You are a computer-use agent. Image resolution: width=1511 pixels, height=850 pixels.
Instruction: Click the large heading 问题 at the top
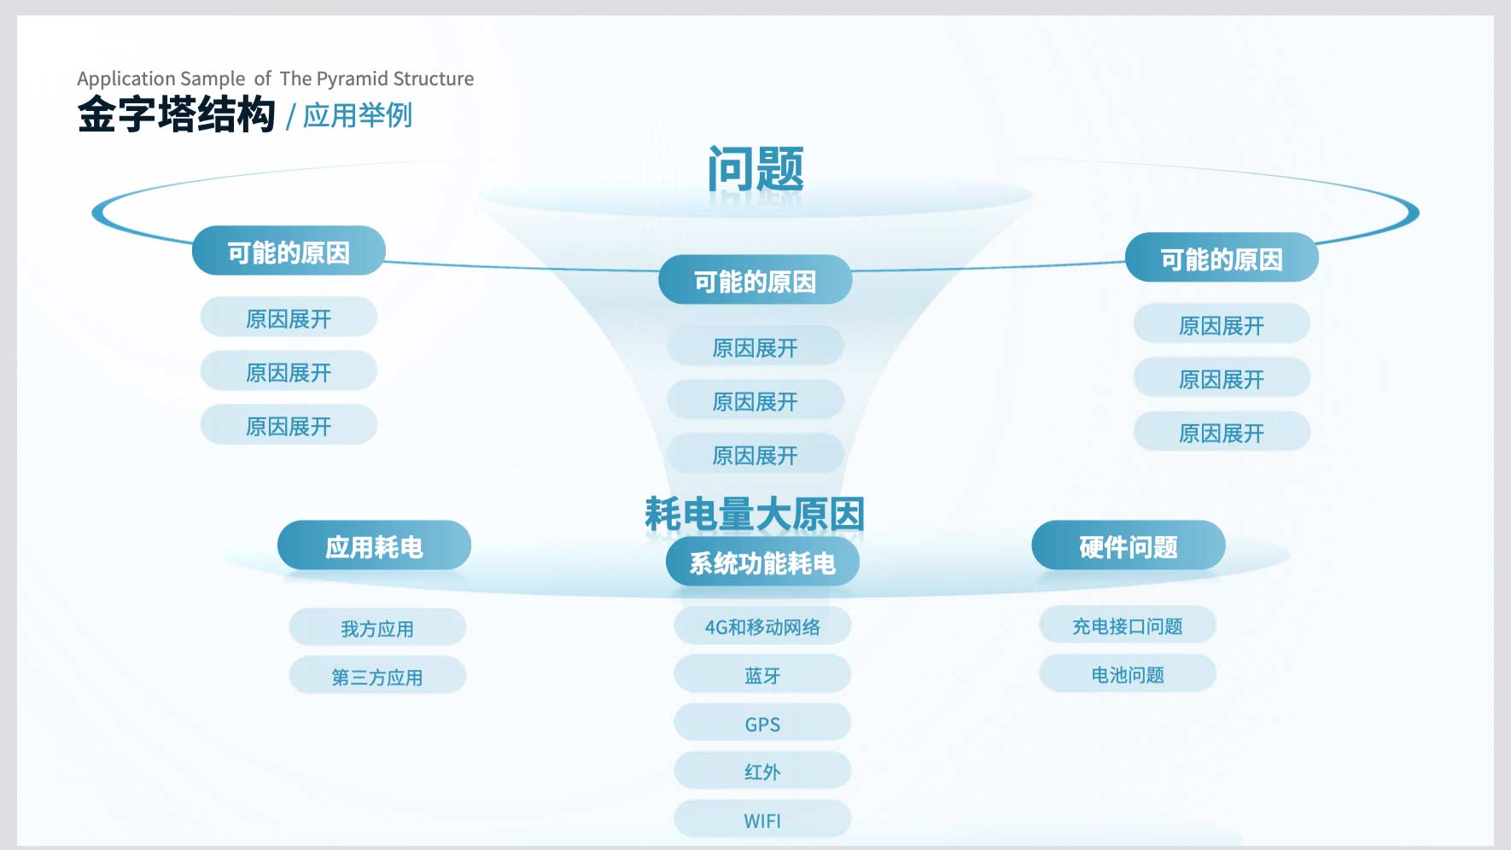pyautogui.click(x=755, y=168)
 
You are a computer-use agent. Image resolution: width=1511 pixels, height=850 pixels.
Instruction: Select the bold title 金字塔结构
pyautogui.click(x=177, y=114)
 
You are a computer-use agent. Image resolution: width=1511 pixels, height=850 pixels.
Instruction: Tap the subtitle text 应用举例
pyautogui.click(x=358, y=115)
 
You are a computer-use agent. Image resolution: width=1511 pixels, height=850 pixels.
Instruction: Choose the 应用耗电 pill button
pyautogui.click(x=374, y=545)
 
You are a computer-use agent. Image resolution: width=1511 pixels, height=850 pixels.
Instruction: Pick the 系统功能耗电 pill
pyautogui.click(x=762, y=562)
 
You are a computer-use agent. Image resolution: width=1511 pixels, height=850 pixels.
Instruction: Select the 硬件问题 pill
pyautogui.click(x=1129, y=545)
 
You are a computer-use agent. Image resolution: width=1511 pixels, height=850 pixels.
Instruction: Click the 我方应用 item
pyautogui.click(x=377, y=628)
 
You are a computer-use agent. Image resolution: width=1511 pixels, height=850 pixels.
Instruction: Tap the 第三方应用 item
pyautogui.click(x=377, y=677)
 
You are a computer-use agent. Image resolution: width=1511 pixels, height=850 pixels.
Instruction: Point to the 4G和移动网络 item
pyautogui.click(x=762, y=626)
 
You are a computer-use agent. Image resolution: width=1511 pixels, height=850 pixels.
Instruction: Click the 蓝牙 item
pyautogui.click(x=762, y=675)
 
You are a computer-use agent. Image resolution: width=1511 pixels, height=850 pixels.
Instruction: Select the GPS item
pyautogui.click(x=762, y=724)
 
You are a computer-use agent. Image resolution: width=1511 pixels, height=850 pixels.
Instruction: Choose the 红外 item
pyautogui.click(x=762, y=771)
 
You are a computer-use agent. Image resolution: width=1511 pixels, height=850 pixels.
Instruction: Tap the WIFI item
pyautogui.click(x=762, y=820)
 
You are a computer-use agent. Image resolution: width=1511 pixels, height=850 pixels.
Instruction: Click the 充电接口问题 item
pyautogui.click(x=1128, y=626)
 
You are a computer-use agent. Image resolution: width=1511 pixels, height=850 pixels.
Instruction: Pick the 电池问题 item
pyautogui.click(x=1128, y=674)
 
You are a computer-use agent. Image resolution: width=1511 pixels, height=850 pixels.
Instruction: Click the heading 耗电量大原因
pyautogui.click(x=755, y=514)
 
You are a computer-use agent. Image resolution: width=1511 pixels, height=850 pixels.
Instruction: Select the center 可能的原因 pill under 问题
pyautogui.click(x=755, y=280)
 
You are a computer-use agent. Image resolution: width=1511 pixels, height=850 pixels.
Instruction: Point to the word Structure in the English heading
pyautogui.click(x=434, y=79)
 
